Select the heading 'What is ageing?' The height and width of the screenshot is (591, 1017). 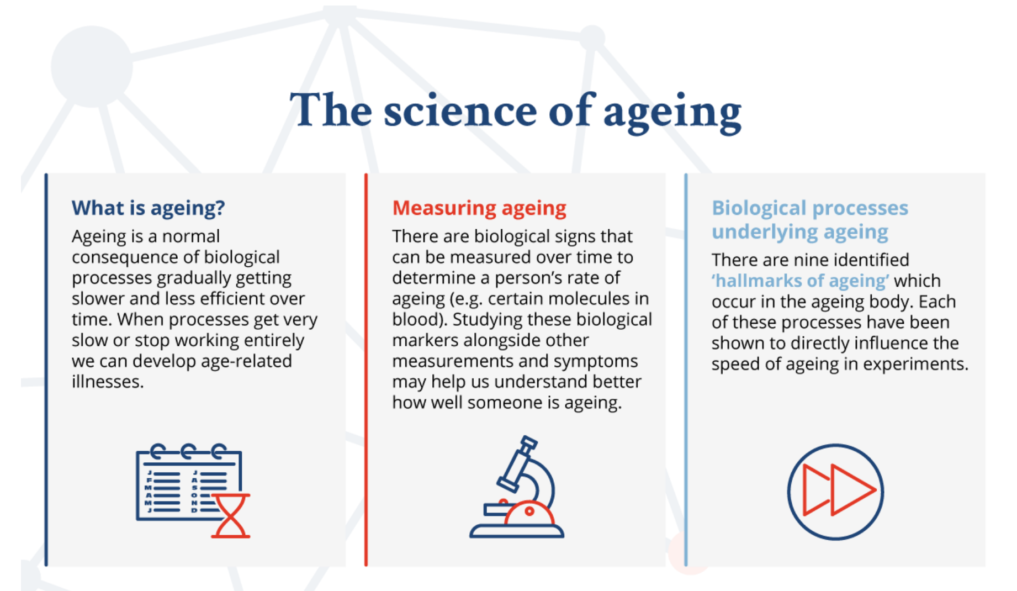click(149, 208)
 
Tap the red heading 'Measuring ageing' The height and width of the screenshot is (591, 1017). click(479, 208)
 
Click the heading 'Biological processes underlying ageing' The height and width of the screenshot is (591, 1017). click(810, 220)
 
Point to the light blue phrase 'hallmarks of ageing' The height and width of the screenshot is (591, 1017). click(801, 281)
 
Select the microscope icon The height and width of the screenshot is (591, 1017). click(517, 487)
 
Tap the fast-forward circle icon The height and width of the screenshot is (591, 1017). click(835, 492)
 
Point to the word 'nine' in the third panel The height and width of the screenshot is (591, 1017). click(811, 260)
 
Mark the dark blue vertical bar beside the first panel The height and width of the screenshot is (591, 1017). click(46, 370)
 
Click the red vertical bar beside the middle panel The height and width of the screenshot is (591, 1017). click(366, 370)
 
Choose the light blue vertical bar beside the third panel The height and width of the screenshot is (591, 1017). click(686, 370)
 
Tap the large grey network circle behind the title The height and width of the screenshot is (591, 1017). click(92, 66)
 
